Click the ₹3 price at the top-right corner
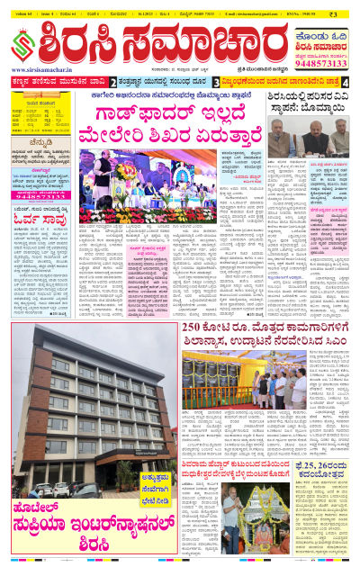coord(346,13)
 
